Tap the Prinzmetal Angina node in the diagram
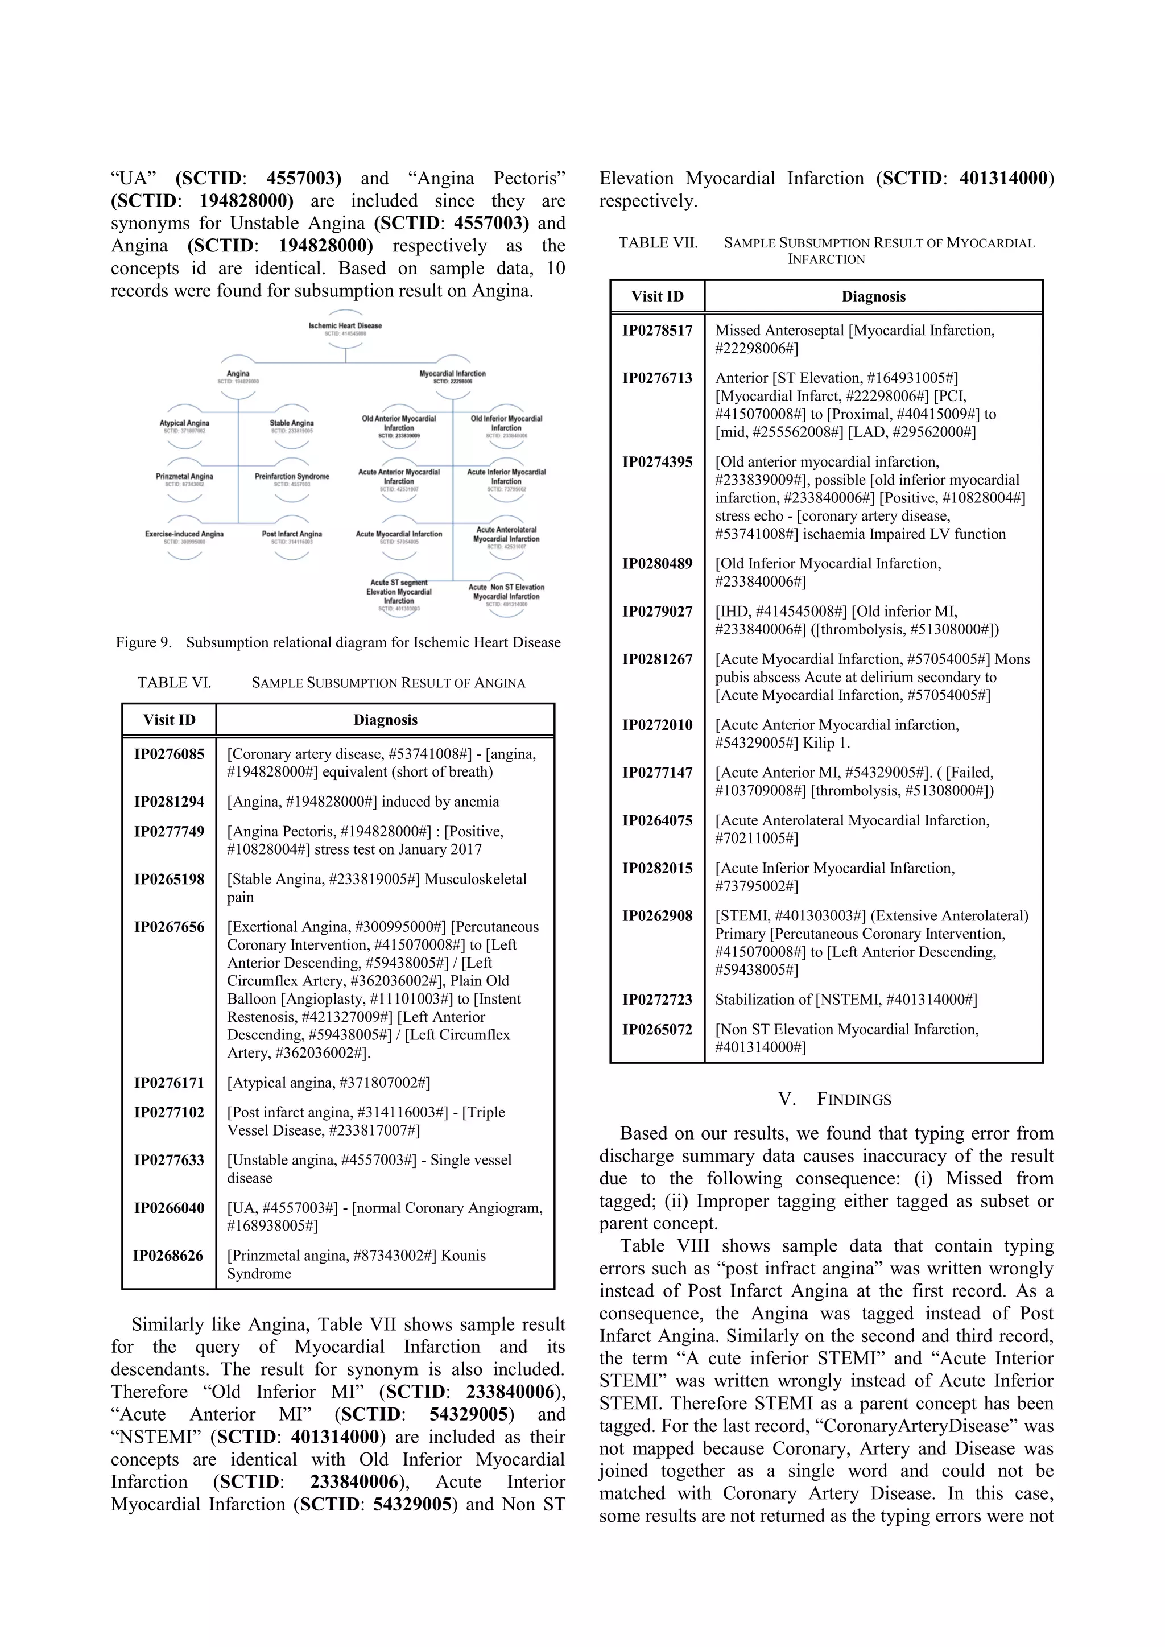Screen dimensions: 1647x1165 point(184,479)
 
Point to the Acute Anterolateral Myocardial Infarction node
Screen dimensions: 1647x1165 point(506,537)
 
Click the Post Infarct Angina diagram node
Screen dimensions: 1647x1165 point(291,536)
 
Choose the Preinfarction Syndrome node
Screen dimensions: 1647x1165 point(291,479)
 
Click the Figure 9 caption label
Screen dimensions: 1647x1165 point(338,642)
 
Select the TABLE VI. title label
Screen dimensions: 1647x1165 point(174,682)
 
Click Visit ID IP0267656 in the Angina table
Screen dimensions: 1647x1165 point(170,927)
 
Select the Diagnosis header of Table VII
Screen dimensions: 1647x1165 point(873,296)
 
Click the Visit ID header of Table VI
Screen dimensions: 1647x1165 point(170,720)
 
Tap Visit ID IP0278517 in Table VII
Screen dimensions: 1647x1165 point(657,331)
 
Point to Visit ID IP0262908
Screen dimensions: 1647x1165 point(657,916)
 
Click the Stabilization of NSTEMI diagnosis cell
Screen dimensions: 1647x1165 point(846,999)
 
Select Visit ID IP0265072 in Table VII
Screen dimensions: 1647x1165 point(657,1029)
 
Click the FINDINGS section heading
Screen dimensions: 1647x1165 point(834,1099)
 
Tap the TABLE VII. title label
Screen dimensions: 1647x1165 point(658,242)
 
